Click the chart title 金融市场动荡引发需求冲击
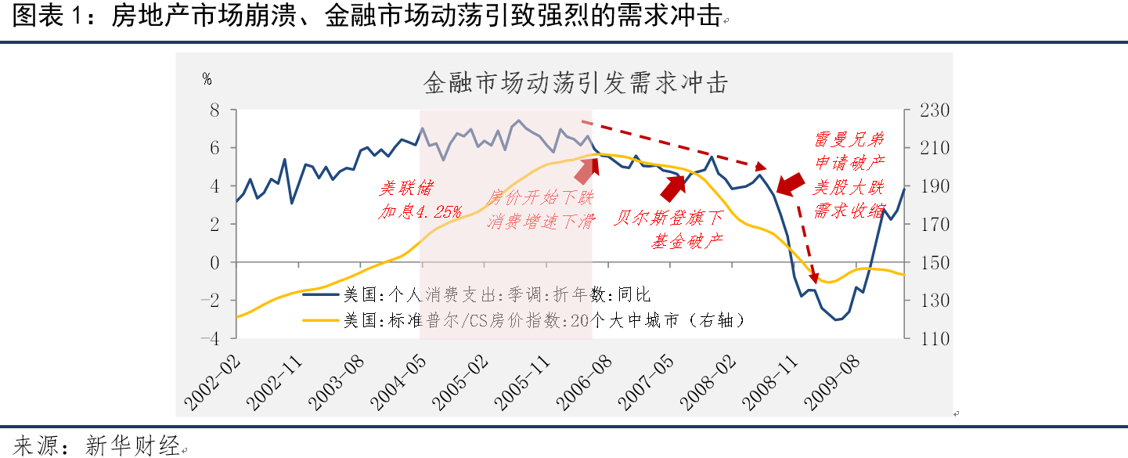[575, 81]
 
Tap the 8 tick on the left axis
[213, 110]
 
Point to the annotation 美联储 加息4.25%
[420, 200]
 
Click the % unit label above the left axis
[207, 78]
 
